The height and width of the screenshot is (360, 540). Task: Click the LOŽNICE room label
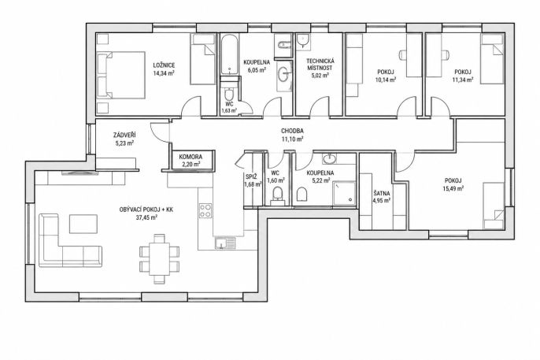click(x=164, y=65)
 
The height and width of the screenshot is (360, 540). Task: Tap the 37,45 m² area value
click(x=146, y=217)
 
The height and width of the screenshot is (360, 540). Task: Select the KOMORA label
click(x=190, y=157)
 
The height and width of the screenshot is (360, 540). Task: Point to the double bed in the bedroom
click(x=120, y=75)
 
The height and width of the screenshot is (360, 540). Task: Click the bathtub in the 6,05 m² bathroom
click(x=229, y=54)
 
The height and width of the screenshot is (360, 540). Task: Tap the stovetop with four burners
click(x=205, y=210)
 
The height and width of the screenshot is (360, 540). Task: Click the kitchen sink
click(x=225, y=243)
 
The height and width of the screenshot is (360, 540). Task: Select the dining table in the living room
click(x=160, y=258)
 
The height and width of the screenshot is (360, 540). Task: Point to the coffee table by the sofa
click(x=83, y=224)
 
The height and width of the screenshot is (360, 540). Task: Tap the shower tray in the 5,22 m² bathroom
click(x=344, y=192)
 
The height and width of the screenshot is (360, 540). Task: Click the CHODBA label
click(x=292, y=131)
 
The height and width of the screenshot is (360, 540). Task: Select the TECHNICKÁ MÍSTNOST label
click(x=320, y=65)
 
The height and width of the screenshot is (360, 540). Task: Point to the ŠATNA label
click(x=381, y=194)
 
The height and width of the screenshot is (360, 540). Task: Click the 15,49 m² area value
click(x=453, y=188)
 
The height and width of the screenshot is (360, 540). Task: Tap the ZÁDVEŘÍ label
click(x=124, y=135)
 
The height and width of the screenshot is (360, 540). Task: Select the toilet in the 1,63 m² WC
click(x=229, y=95)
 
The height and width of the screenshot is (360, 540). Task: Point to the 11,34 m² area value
click(x=463, y=80)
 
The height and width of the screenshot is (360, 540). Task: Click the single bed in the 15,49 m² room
click(x=494, y=206)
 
